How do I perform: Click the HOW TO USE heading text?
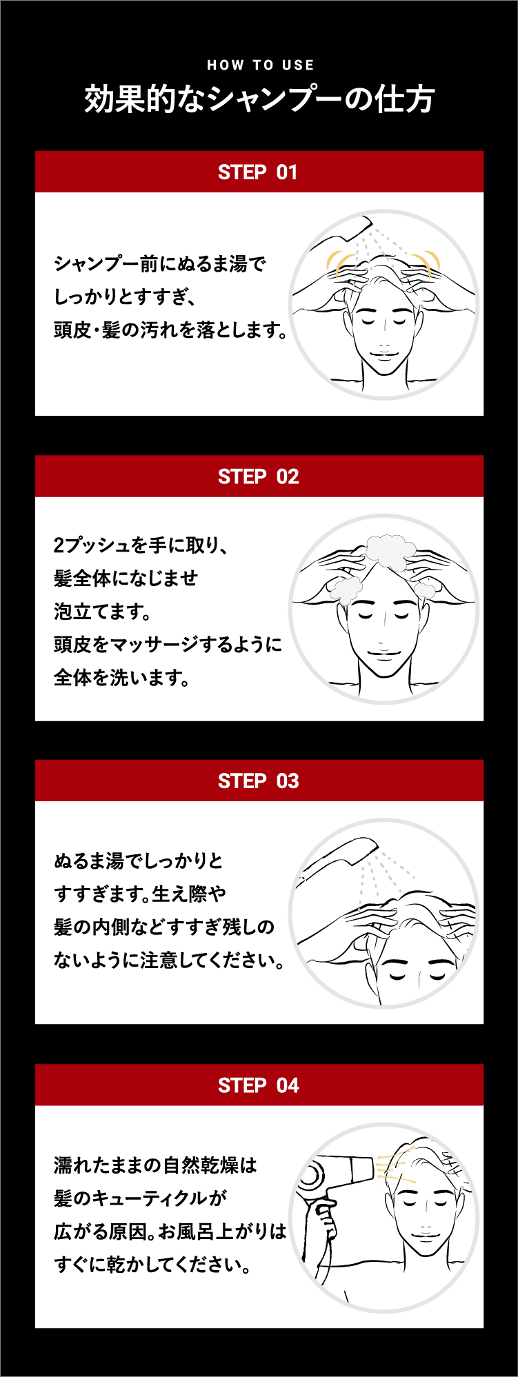pos(260,66)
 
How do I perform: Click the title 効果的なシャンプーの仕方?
pos(259,99)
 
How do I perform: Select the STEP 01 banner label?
pos(258,172)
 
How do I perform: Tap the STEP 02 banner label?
pos(259,476)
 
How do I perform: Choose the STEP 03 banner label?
pos(259,781)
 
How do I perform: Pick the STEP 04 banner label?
pos(259,1086)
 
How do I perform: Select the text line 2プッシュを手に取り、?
pos(141,545)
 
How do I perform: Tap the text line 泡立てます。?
pos(102,612)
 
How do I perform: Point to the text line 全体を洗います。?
pos(122,678)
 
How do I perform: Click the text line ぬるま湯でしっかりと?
pos(139,861)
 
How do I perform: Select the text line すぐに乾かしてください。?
pos(152,1265)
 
